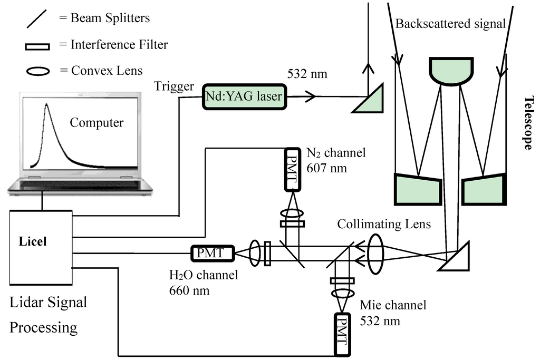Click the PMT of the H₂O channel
211,254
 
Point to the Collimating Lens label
384,225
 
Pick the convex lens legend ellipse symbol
38,71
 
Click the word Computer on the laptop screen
97,123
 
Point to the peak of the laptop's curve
46,104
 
